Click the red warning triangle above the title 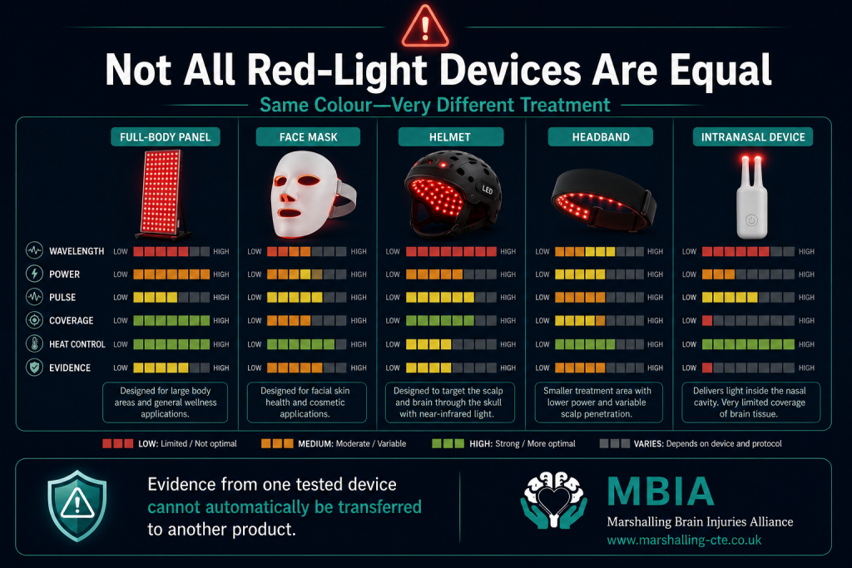coord(425,26)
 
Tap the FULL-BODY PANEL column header coord(166,137)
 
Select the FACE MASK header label coord(308,137)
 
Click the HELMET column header coord(450,137)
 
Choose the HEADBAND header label coord(601,137)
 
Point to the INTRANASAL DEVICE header coord(752,137)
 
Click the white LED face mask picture coord(312,195)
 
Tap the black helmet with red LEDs coord(452,194)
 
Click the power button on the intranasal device coord(751,220)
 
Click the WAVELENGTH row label coord(77,251)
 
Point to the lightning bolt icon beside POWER coord(34,274)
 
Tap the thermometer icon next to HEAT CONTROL coord(34,343)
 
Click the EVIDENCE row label coord(70,368)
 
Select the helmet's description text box coord(450,403)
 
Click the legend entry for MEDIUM coord(333,443)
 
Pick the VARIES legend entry coord(691,443)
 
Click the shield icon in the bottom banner coord(77,506)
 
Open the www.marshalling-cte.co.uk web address coord(684,541)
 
